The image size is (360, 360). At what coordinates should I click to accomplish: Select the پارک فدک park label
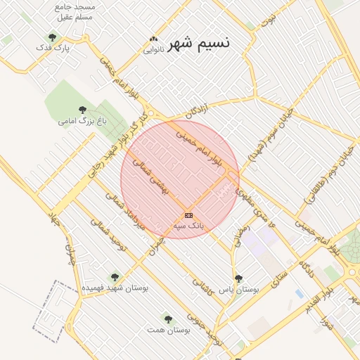(x=53, y=49)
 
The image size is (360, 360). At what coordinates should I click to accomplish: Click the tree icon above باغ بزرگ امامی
(x=82, y=110)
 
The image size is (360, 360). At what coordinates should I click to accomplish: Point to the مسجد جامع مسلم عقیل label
(x=78, y=11)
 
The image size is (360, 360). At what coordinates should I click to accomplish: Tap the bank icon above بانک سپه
(x=188, y=215)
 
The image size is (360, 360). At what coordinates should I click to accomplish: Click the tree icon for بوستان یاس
(x=238, y=278)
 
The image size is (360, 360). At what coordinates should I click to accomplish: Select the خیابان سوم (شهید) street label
(x=269, y=134)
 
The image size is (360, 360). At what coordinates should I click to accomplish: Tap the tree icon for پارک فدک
(x=51, y=37)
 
